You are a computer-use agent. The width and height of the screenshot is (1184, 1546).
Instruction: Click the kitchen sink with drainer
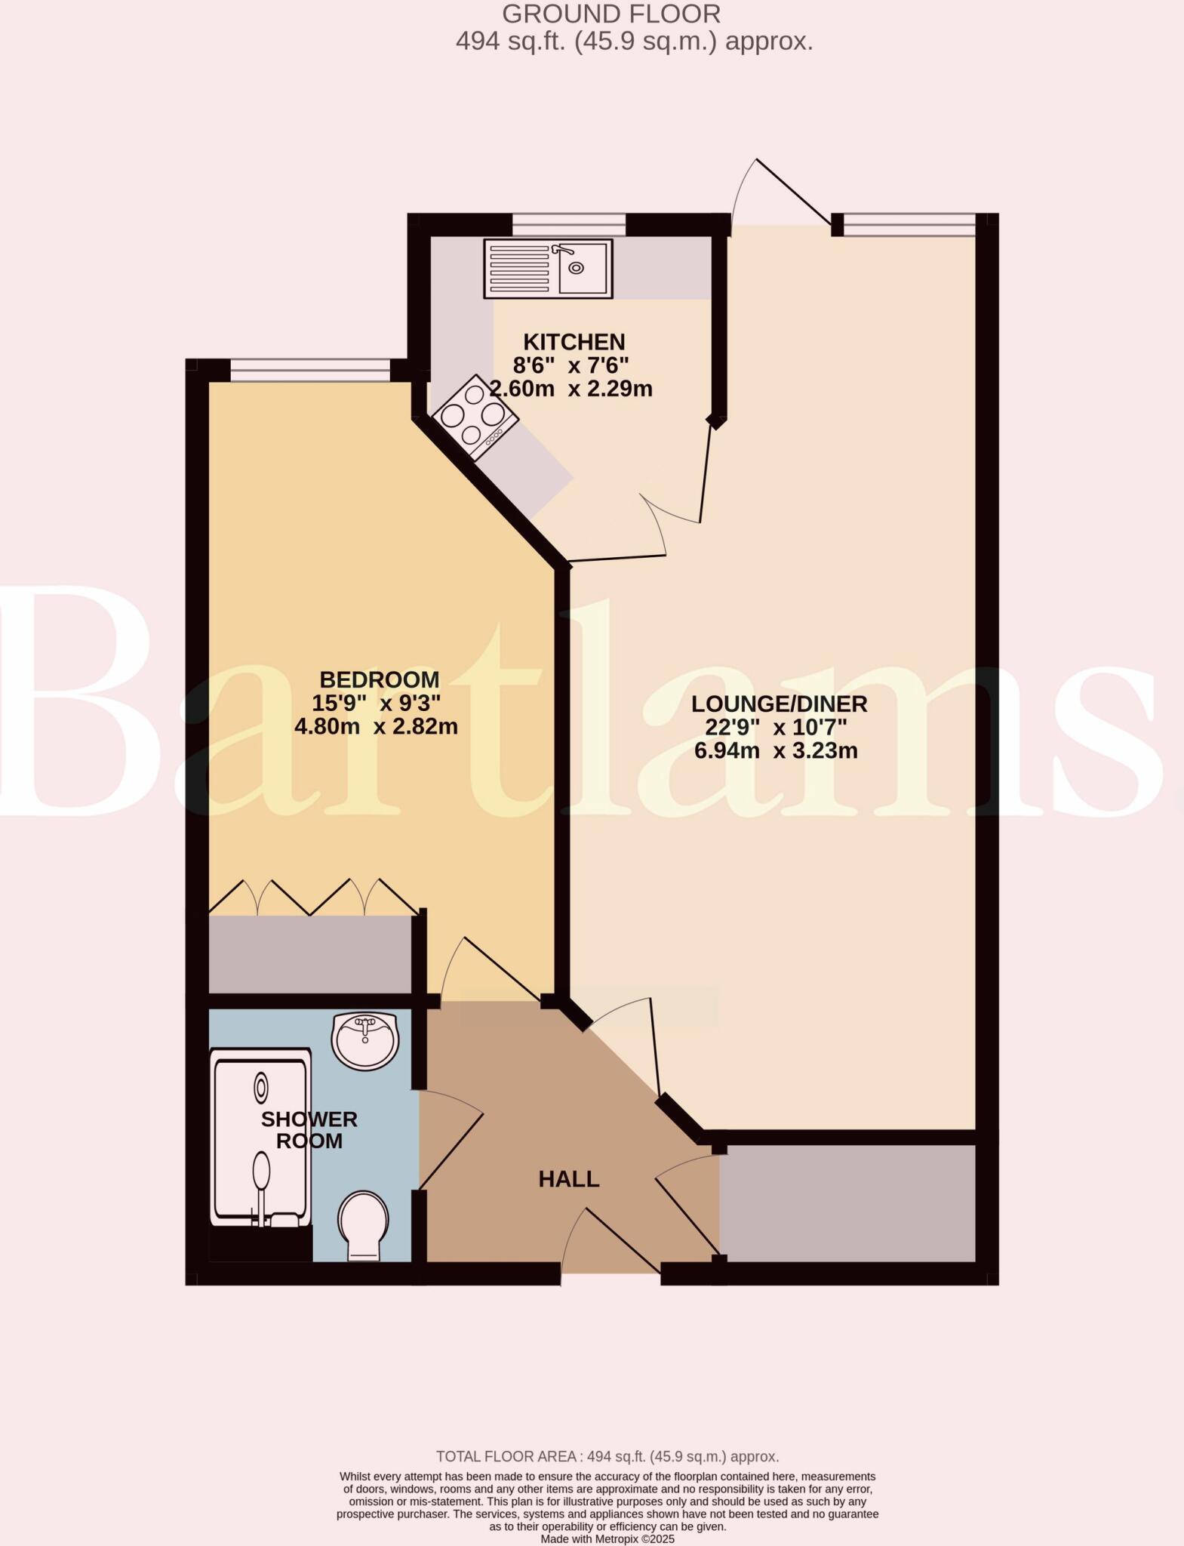click(x=548, y=268)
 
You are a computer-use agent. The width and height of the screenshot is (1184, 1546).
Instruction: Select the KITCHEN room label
click(x=574, y=342)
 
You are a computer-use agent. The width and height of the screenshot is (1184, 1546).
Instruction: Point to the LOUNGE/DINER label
click(x=780, y=704)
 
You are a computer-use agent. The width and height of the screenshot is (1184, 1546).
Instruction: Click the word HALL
click(x=569, y=1179)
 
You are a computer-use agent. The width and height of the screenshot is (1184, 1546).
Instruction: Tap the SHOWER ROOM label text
click(x=309, y=1129)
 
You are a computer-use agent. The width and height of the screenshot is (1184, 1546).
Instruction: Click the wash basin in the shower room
click(x=365, y=1041)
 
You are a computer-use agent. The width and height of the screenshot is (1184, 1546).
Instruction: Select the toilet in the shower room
click(x=364, y=1224)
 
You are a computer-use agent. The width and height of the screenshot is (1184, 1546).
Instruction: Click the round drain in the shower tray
click(x=261, y=1088)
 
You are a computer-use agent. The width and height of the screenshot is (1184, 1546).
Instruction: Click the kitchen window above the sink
click(x=569, y=224)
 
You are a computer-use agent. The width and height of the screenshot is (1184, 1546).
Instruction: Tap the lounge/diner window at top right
click(x=909, y=224)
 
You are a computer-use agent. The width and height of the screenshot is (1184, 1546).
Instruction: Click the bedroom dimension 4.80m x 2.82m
click(x=376, y=726)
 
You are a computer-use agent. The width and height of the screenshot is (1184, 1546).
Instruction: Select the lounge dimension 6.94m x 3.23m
click(x=776, y=751)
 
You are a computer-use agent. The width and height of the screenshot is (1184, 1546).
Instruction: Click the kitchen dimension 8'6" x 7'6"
click(x=570, y=365)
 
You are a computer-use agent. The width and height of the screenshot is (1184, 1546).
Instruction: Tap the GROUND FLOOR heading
click(x=611, y=14)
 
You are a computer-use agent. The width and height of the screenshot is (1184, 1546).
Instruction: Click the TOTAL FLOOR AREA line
click(x=607, y=1457)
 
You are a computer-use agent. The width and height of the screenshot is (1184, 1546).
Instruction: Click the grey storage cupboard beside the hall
click(x=847, y=1203)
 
